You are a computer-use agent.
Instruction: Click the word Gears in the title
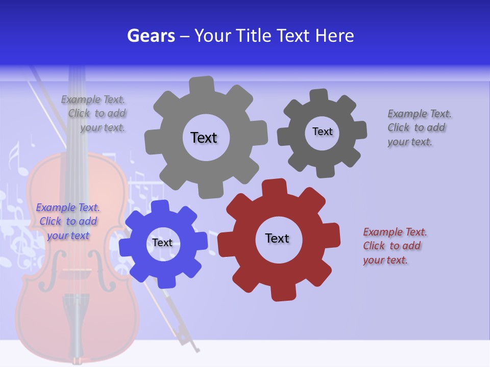pos(151,36)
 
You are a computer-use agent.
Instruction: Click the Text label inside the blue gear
pos(162,243)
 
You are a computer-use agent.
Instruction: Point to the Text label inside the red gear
pos(277,239)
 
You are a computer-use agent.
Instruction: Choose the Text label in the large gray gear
pos(204,138)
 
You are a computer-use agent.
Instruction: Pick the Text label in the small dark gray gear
pos(322,132)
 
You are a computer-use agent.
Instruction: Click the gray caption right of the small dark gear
pos(419,128)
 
